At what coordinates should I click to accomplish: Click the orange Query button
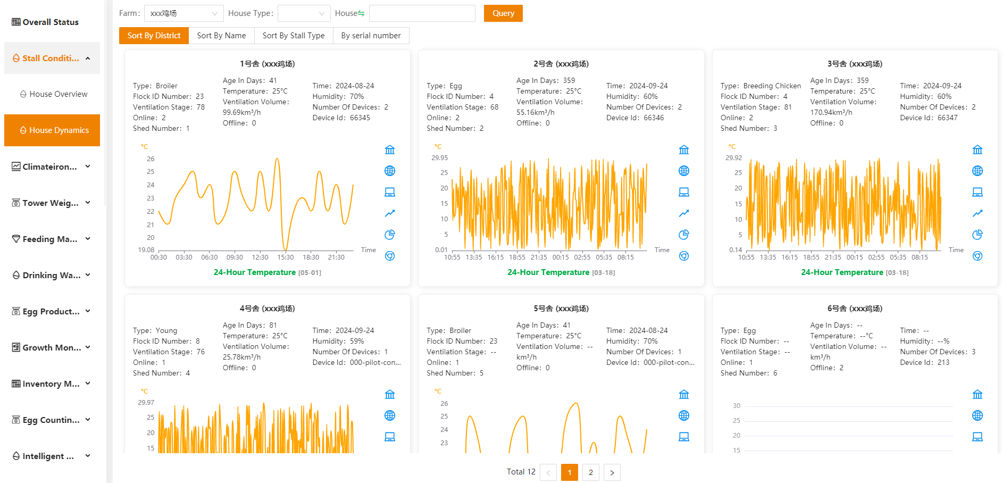503,13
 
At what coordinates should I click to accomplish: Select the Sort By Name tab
221,36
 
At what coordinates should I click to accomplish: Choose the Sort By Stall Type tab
294,36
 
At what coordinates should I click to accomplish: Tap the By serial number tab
371,36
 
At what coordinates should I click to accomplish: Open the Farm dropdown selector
184,13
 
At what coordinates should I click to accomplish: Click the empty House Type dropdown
304,13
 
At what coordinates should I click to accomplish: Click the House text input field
422,13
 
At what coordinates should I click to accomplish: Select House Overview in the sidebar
53,94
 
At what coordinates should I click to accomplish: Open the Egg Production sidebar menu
52,311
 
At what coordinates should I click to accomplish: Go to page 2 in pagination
591,472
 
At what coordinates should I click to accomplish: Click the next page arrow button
612,472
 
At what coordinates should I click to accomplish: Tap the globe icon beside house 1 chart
390,171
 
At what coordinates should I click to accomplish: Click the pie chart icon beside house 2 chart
684,235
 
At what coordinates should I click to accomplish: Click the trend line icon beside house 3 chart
978,213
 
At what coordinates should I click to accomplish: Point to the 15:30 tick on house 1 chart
286,257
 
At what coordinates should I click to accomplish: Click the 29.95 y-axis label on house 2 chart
440,158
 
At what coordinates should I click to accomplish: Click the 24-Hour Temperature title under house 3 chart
842,272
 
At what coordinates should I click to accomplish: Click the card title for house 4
267,309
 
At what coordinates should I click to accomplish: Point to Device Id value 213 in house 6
943,362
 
